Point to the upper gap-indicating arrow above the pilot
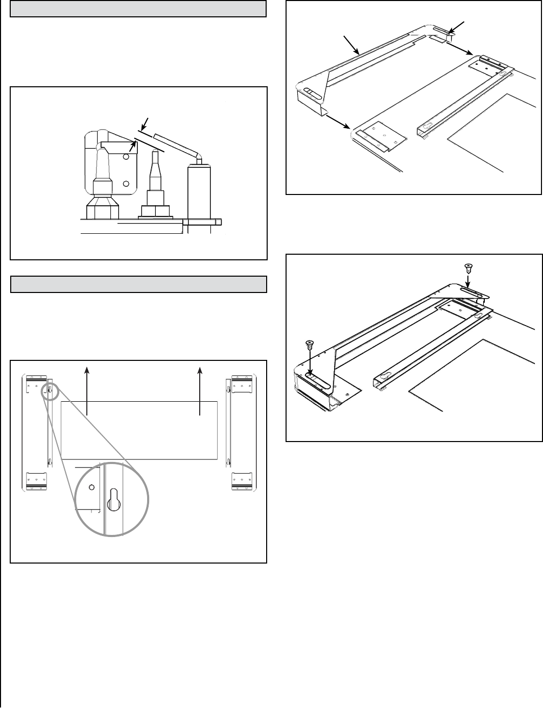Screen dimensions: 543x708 (145, 123)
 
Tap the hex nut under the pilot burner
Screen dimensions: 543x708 (103, 209)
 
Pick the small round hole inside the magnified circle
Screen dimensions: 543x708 (92, 487)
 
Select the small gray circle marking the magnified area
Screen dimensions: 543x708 (51, 390)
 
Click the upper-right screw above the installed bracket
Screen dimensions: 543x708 (467, 267)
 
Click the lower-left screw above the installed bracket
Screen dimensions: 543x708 (309, 345)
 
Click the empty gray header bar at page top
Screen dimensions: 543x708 (138, 9)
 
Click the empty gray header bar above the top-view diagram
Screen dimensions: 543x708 (139, 284)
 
